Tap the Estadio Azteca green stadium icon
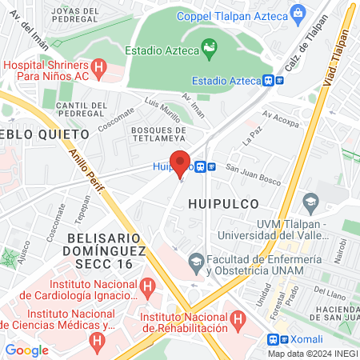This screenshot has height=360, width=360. [209, 49]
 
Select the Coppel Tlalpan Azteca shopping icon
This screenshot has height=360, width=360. [298, 12]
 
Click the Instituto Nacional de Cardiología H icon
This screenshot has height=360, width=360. [147, 286]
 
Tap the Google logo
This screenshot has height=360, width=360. [26, 350]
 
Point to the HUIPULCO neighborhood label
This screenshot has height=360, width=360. [220, 203]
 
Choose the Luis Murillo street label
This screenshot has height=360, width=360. [162, 110]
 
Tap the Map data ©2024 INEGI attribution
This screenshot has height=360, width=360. [312, 353]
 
